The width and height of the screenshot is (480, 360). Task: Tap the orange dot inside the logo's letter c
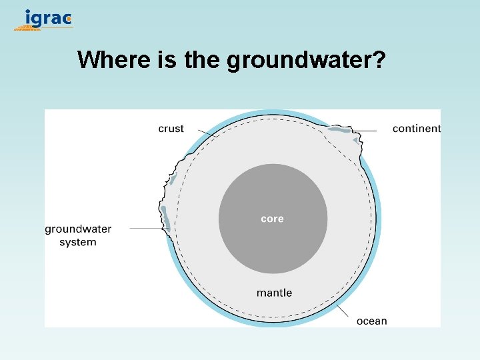69,19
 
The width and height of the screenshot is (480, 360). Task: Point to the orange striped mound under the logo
27,28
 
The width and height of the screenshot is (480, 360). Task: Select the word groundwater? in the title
306,61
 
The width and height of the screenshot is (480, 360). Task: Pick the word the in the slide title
203,59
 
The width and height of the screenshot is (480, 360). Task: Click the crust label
171,129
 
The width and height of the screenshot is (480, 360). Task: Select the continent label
416,129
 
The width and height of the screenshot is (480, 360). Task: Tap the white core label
272,219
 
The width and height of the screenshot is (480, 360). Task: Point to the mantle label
274,293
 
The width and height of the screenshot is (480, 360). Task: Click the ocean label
371,321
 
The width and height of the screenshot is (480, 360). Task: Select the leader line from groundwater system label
147,229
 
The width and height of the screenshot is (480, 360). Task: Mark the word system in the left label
78,242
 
